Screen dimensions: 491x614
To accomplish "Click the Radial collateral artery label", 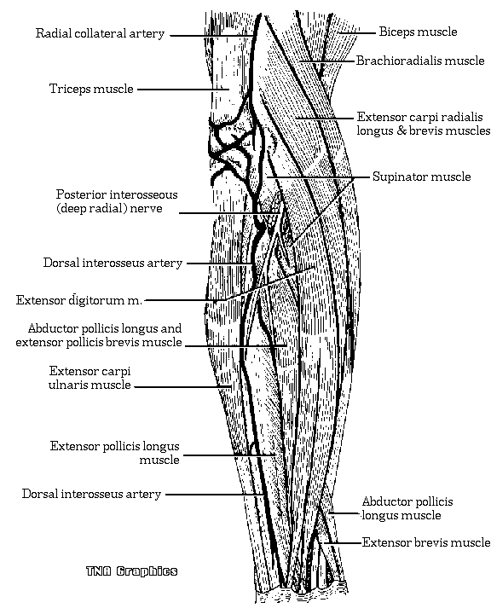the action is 100,33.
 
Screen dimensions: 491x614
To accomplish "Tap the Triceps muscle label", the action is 91,89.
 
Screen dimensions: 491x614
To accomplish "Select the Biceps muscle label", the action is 418,32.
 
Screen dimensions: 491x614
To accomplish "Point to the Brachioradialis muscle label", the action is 420,61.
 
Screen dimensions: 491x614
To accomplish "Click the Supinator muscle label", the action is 421,177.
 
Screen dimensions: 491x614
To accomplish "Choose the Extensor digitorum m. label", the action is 78,300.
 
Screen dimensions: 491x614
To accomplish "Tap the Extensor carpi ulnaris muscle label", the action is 90,378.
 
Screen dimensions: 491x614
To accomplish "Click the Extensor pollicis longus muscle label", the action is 115,453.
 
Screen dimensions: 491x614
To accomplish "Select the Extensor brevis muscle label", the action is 426,542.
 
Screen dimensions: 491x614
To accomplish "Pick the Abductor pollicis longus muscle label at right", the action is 407,508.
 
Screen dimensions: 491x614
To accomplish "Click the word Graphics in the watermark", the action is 147,571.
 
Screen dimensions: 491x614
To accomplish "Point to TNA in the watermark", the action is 99,571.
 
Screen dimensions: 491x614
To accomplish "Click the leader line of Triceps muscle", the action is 183,90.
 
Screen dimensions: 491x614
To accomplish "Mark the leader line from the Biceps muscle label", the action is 356,33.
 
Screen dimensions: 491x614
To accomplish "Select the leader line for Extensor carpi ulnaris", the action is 183,387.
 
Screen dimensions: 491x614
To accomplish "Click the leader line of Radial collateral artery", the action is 211,36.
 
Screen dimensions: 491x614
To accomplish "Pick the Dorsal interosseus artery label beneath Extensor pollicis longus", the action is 91,494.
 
